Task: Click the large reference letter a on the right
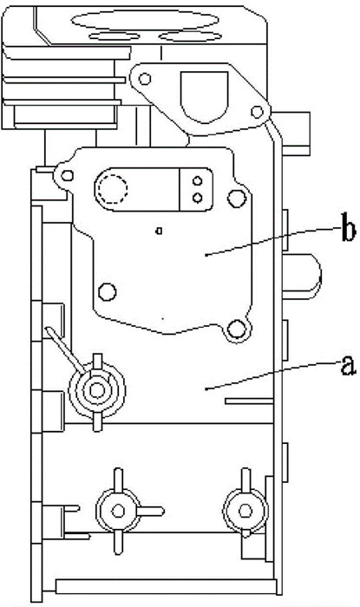click(x=348, y=365)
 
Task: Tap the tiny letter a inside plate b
click(x=159, y=231)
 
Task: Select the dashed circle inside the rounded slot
click(x=112, y=189)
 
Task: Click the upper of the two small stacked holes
click(x=198, y=180)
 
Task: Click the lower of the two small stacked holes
click(x=198, y=198)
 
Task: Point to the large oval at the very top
click(x=145, y=20)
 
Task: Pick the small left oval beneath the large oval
click(x=115, y=36)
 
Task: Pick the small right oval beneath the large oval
click(x=190, y=36)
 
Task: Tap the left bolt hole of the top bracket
click(x=145, y=79)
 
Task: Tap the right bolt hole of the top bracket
click(x=257, y=112)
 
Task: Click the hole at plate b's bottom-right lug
click(x=237, y=330)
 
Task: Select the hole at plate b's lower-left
click(x=108, y=291)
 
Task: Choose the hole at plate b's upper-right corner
click(x=237, y=199)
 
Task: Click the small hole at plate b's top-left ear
click(x=68, y=176)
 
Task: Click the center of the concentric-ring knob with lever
click(x=97, y=390)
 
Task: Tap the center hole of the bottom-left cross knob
click(x=118, y=511)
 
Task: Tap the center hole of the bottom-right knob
click(x=245, y=511)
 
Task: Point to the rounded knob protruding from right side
click(x=302, y=277)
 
